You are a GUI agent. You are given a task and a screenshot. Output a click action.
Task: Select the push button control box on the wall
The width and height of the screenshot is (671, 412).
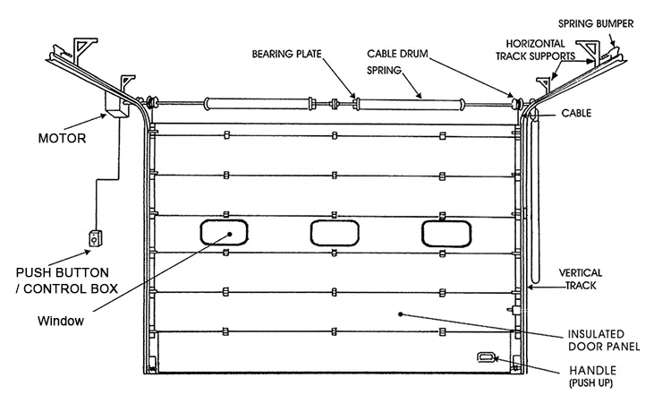(x=94, y=239)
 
